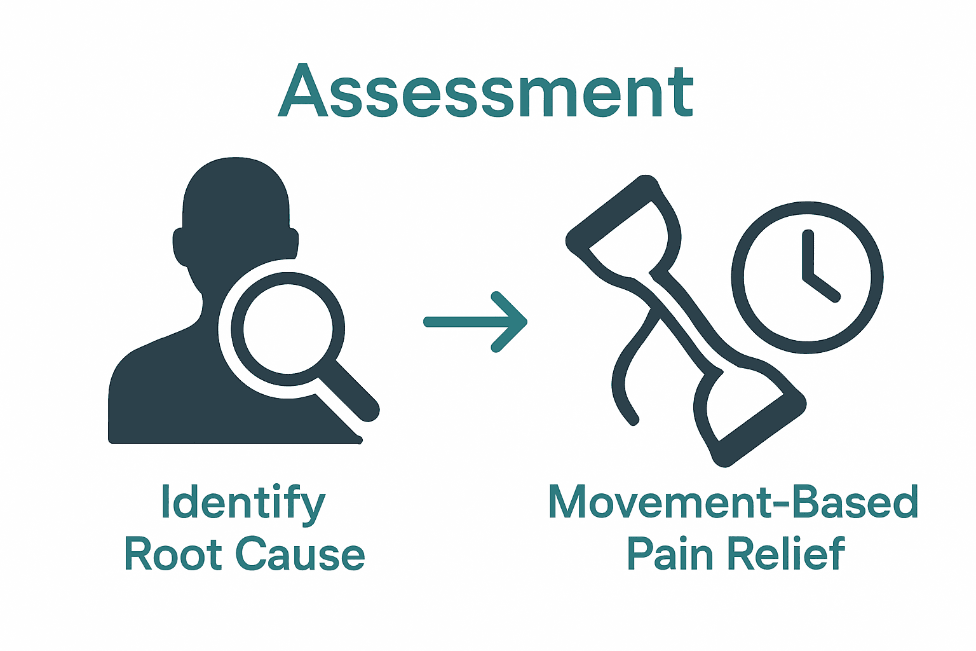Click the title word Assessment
click(x=486, y=91)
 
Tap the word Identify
click(x=243, y=503)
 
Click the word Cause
click(x=301, y=554)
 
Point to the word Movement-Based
click(x=733, y=502)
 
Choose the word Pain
click(x=670, y=554)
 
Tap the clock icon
click(x=807, y=277)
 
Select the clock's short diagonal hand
click(x=823, y=287)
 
